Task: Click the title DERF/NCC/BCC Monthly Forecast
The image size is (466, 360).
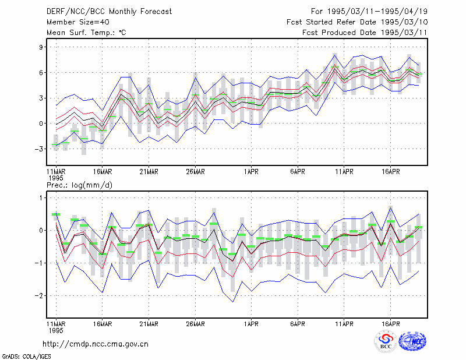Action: pos(109,12)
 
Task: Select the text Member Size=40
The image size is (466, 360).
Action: pos(78,22)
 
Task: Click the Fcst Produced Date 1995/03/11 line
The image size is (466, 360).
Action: pos(365,33)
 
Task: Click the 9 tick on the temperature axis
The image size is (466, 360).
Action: pos(41,47)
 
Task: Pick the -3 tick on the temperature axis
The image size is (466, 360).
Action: pos(39,149)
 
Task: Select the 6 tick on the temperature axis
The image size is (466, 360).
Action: pos(41,73)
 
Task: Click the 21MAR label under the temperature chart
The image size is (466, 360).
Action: pos(149,172)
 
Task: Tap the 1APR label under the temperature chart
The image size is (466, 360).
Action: pos(251,172)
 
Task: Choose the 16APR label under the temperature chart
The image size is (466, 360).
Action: pos(390,172)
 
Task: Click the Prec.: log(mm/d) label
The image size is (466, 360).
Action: pos(79,185)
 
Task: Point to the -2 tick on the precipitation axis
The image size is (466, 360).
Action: pos(39,296)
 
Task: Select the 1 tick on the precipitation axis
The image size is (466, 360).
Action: pos(41,198)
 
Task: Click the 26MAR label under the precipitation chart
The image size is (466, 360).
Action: pos(195,324)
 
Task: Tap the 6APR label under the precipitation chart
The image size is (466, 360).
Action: pos(298,324)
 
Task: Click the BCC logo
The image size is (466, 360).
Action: pos(386,342)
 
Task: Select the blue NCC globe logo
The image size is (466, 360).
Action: pos(412,341)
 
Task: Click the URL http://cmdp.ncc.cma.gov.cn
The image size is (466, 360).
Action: pos(96,344)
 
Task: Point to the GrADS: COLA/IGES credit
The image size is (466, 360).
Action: pos(27,357)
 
